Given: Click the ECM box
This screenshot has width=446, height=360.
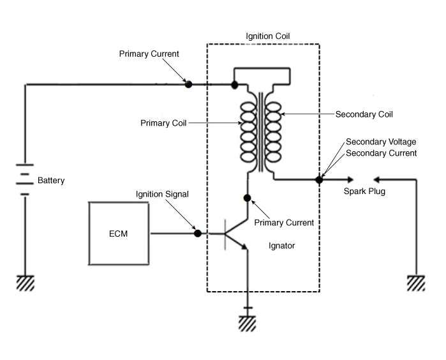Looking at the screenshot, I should tap(119, 233).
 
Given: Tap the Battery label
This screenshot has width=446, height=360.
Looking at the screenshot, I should tap(51, 181).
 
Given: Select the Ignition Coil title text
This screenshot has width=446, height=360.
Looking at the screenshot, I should tap(269, 35).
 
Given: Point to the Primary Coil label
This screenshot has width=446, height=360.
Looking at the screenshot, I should tap(163, 123).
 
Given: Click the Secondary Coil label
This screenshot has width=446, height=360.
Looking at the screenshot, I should tap(364, 115).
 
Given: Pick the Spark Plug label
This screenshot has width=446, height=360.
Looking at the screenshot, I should tap(364, 191).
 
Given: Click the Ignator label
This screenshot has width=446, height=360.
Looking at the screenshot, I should tap(281, 245).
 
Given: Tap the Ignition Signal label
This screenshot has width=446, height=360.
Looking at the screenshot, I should tap(162, 193).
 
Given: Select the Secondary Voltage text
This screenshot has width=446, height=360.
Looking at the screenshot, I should tap(381, 142).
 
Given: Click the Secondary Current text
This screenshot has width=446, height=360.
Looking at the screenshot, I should tap(381, 153).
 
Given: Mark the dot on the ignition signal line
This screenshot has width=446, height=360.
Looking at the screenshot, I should tap(198, 234).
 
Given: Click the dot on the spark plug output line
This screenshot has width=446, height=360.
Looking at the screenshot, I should tap(319, 180).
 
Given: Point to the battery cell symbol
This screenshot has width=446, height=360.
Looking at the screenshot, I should tap(25, 181).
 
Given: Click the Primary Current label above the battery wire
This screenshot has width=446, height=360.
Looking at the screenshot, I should tap(149, 54).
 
